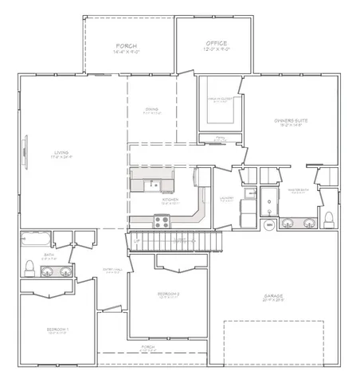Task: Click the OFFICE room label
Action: click(x=216, y=43)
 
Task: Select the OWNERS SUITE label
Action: click(x=291, y=120)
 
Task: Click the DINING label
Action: click(x=151, y=109)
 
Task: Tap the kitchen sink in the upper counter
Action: click(x=156, y=186)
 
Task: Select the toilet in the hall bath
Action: click(x=29, y=265)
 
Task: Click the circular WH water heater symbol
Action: click(x=269, y=225)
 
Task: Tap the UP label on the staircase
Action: click(x=137, y=240)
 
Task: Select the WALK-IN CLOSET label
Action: click(x=221, y=99)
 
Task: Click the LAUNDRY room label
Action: click(x=226, y=200)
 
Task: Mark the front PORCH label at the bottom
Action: click(x=148, y=347)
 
